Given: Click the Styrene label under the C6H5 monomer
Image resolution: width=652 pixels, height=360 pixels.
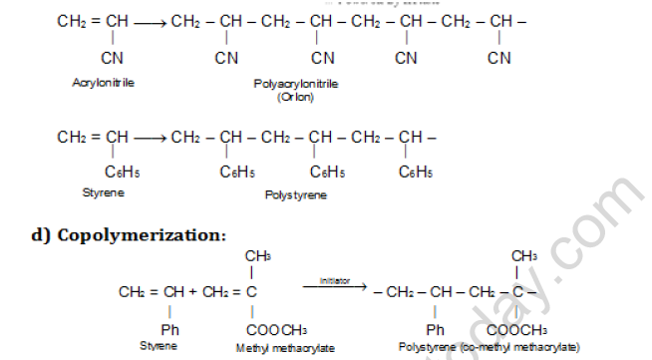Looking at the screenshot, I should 102,189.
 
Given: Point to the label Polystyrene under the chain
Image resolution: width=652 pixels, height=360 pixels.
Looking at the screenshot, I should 295,195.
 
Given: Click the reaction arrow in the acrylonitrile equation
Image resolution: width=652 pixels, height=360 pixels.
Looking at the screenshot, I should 149,20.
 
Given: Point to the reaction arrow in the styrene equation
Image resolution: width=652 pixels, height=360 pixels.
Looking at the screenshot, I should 149,136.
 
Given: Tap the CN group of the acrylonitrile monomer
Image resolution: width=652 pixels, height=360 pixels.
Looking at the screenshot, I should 113,59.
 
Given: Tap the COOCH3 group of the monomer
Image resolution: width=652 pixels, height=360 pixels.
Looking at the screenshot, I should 276,329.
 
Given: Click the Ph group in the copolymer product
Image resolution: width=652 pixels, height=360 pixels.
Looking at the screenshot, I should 435,329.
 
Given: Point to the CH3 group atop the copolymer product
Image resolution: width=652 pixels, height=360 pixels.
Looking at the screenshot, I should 524,256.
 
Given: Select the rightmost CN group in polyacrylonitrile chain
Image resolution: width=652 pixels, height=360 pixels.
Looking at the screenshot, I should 498,59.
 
